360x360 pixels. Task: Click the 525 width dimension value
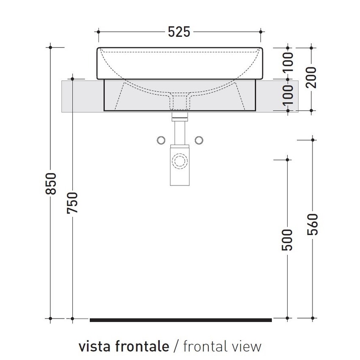pyautogui.click(x=179, y=32)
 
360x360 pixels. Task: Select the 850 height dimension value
pyautogui.click(x=51, y=184)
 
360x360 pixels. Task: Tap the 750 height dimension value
pyautogui.click(x=72, y=203)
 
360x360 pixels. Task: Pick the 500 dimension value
pyautogui.click(x=288, y=239)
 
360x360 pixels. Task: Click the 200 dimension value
pyautogui.click(x=312, y=77)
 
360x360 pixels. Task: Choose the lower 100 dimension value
pyautogui.click(x=288, y=94)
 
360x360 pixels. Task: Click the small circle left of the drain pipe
pyautogui.click(x=161, y=140)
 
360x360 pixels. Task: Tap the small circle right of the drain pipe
pyautogui.click(x=198, y=140)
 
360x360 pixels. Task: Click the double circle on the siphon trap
pyautogui.click(x=180, y=161)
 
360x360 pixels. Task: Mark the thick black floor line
pyautogui.click(x=180, y=320)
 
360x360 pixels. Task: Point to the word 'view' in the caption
pyautogui.click(x=247, y=346)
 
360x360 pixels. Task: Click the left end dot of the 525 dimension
pyautogui.click(x=98, y=31)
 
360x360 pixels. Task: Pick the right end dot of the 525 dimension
pyautogui.click(x=261, y=31)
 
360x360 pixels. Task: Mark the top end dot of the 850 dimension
pyautogui.click(x=51, y=47)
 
